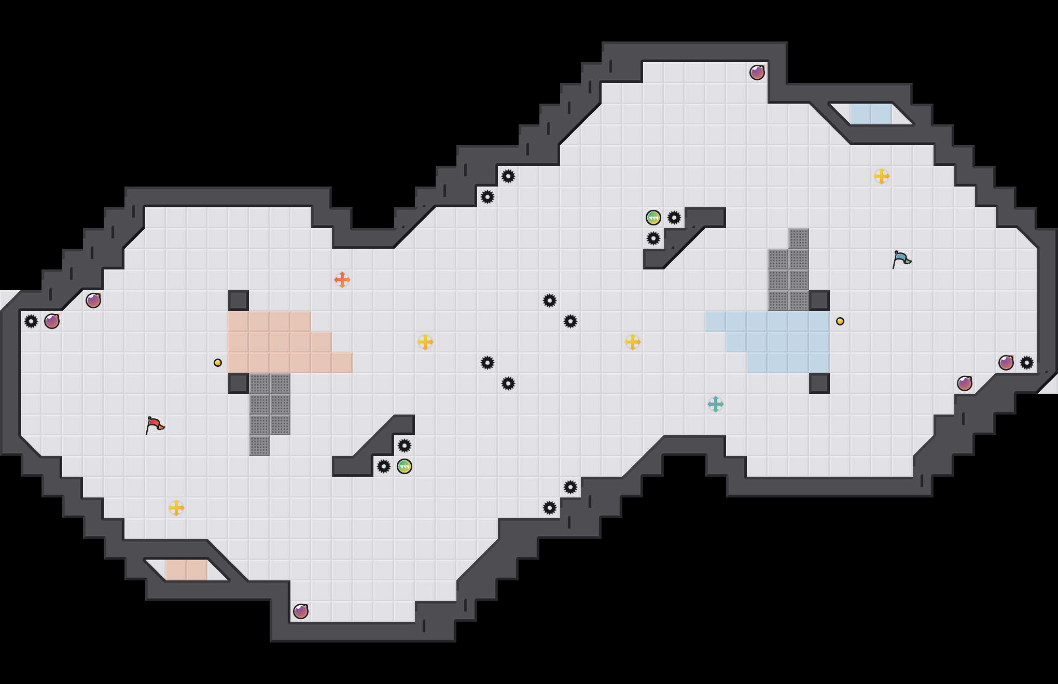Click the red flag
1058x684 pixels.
155,425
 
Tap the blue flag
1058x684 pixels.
901,259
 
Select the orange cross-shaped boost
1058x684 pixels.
342,280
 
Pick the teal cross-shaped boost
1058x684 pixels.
716,404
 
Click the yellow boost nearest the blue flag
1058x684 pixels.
882,176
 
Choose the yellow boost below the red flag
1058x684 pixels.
176,508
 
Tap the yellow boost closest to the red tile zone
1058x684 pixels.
425,342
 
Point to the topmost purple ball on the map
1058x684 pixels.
757,73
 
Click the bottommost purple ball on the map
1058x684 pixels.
301,611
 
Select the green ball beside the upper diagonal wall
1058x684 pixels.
653,218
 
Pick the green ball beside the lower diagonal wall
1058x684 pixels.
405,466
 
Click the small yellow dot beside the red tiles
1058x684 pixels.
218,363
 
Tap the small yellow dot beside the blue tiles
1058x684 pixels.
840,321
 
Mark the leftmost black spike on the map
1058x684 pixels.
31,321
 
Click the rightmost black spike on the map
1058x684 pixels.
1027,363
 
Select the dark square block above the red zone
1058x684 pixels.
239,301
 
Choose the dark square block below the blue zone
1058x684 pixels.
819,383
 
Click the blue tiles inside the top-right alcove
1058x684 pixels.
871,114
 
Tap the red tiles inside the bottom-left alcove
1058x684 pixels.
187,570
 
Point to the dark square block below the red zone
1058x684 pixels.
239,383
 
